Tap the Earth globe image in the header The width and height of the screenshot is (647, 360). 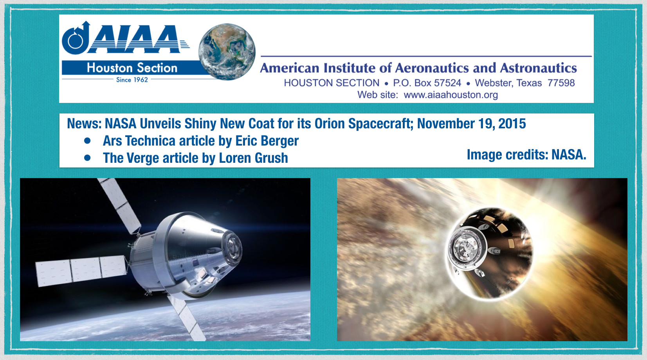(227, 52)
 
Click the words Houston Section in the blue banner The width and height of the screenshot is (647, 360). (132, 68)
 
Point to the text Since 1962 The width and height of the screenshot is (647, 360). (132, 80)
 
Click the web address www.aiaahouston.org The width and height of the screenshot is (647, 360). (451, 95)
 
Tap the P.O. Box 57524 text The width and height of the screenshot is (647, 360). (427, 83)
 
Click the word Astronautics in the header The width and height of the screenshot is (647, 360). (539, 68)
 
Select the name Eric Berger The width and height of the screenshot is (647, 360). (267, 141)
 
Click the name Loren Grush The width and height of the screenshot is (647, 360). (253, 158)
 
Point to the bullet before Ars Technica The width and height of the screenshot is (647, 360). (87, 141)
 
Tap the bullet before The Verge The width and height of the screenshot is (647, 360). (87, 158)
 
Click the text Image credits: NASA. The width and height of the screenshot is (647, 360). (526, 155)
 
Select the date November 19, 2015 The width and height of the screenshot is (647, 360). (471, 124)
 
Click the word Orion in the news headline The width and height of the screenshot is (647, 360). (330, 124)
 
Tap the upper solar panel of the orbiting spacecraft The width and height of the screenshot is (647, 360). (119, 205)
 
